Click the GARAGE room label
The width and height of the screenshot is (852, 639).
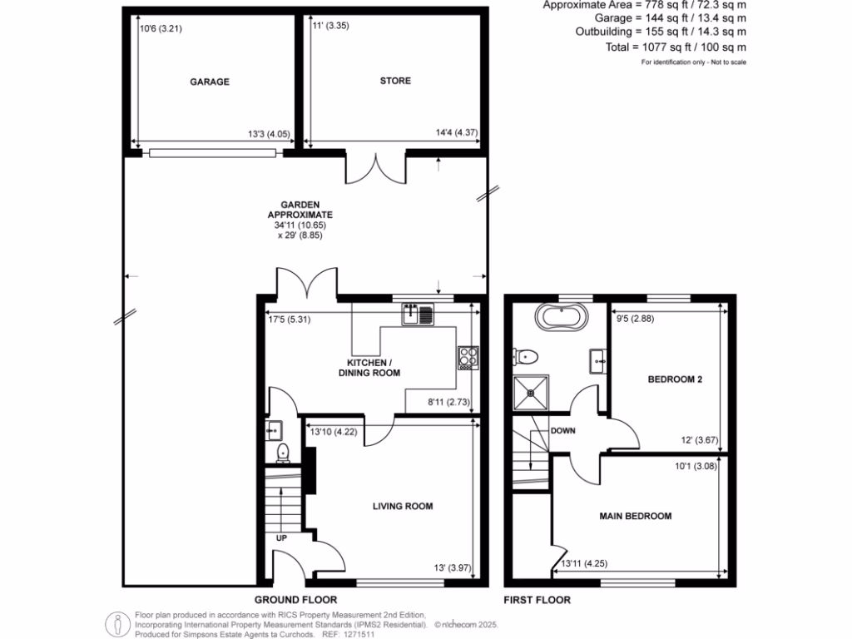(x=209, y=82)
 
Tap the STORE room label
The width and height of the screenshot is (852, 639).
(x=395, y=81)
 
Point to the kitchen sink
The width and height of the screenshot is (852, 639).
(x=417, y=314)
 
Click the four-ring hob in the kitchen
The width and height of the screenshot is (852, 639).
(x=466, y=357)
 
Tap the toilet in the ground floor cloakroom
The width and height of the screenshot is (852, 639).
(x=283, y=452)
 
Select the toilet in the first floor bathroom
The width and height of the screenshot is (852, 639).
(x=527, y=357)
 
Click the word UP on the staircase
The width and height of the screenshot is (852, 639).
(x=281, y=537)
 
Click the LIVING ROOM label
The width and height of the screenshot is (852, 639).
(x=403, y=506)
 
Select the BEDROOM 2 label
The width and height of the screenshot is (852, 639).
(x=676, y=379)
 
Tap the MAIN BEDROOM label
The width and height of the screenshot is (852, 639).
(x=636, y=516)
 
